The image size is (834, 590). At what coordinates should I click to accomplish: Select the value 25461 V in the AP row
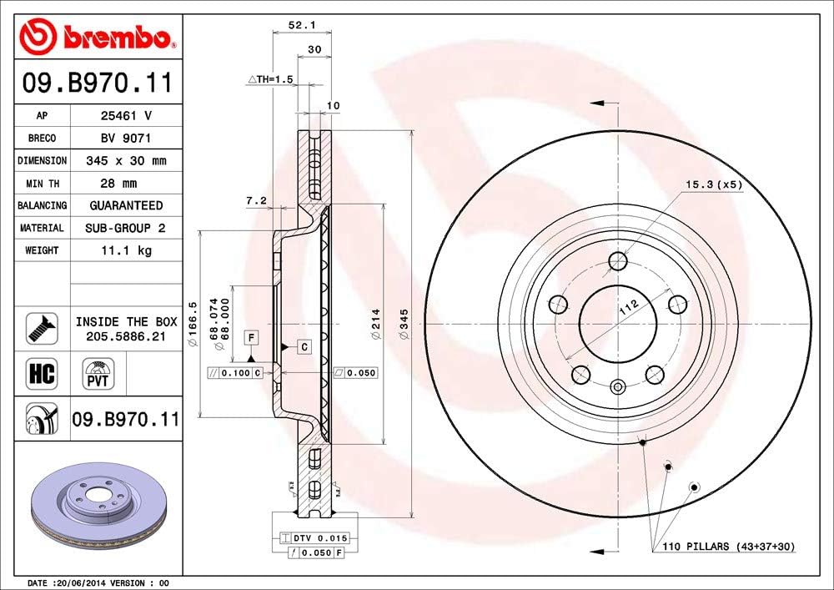(126, 116)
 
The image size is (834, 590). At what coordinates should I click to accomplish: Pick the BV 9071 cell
(126, 138)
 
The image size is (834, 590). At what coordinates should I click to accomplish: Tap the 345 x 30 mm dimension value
(126, 160)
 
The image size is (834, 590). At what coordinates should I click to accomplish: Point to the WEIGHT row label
(42, 250)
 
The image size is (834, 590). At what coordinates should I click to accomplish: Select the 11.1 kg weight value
(126, 250)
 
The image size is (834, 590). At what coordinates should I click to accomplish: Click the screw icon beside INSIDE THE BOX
(41, 327)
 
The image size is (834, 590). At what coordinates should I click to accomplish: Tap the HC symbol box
(41, 373)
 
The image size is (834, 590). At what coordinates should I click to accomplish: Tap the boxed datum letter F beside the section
(250, 337)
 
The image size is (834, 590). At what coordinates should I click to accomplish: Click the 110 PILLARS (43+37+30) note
(729, 547)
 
